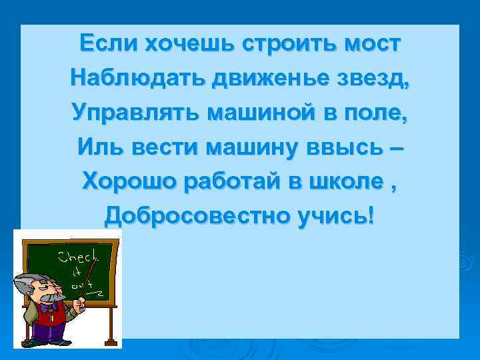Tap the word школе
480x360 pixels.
pyautogui.click(x=352, y=180)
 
